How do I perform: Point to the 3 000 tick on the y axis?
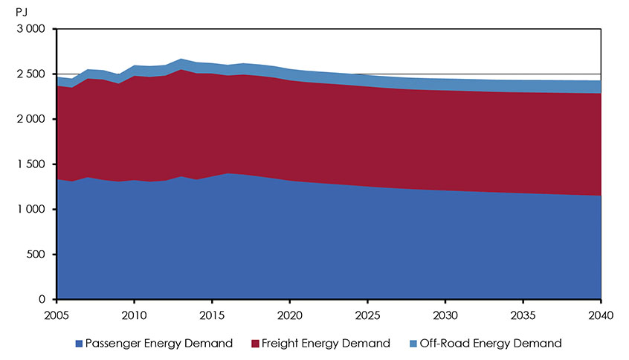(x=30, y=29)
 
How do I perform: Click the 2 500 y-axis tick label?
(x=30, y=74)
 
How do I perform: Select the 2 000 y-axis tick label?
(x=30, y=119)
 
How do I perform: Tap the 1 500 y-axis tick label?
(x=30, y=164)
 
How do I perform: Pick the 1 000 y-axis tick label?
(x=30, y=210)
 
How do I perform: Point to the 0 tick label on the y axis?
(x=43, y=300)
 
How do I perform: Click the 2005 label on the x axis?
(x=57, y=314)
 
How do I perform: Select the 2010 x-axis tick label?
(x=134, y=314)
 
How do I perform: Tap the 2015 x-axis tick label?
(x=212, y=314)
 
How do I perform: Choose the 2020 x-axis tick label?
(x=289, y=314)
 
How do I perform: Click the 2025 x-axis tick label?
(x=367, y=314)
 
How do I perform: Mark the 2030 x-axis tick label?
(x=445, y=314)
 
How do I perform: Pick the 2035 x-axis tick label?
(x=523, y=314)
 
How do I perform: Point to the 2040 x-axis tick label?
(x=599, y=314)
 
